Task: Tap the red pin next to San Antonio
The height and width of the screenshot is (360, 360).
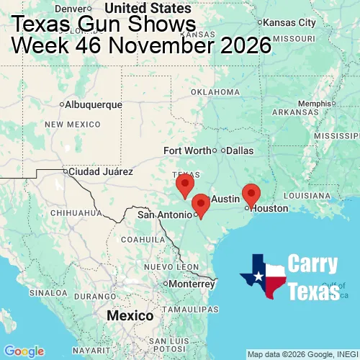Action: pyautogui.click(x=201, y=205)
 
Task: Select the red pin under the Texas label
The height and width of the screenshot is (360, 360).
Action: pyautogui.click(x=185, y=184)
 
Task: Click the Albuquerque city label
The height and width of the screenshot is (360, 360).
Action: pyautogui.click(x=93, y=104)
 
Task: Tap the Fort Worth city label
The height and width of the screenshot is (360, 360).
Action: pyautogui.click(x=187, y=150)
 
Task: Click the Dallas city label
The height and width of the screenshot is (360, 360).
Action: pyautogui.click(x=239, y=150)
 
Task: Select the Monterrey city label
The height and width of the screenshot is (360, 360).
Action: pyautogui.click(x=191, y=283)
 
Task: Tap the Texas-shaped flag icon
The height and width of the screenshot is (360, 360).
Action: pyautogui.click(x=263, y=276)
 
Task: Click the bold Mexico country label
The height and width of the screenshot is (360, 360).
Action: pyautogui.click(x=130, y=316)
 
